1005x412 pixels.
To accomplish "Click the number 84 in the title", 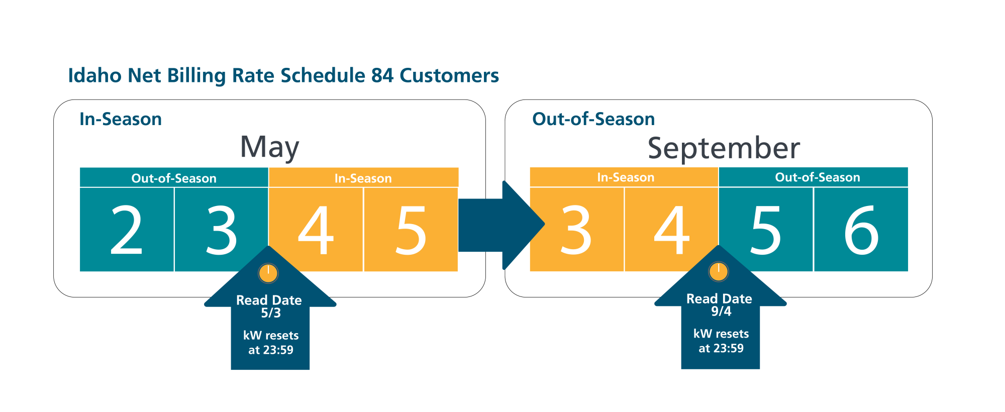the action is (x=382, y=75).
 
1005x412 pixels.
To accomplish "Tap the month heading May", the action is (x=269, y=147).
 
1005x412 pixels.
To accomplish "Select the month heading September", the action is (x=724, y=148).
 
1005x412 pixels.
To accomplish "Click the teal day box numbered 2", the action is (x=127, y=230).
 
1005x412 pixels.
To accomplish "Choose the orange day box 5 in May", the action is (x=411, y=230).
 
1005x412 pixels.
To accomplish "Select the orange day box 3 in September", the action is (x=577, y=230).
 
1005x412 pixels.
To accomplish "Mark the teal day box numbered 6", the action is (x=861, y=230).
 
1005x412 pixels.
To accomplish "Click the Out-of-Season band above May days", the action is (x=174, y=177).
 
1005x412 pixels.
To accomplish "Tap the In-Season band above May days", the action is (x=363, y=177).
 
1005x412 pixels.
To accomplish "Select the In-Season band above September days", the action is (x=624, y=177).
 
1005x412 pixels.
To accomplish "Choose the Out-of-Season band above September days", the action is (x=814, y=177).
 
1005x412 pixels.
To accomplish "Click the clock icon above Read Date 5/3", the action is (x=268, y=273).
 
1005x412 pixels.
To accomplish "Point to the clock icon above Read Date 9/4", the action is (x=719, y=272).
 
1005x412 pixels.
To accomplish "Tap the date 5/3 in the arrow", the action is (x=271, y=313).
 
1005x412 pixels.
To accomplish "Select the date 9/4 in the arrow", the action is (x=721, y=312).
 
